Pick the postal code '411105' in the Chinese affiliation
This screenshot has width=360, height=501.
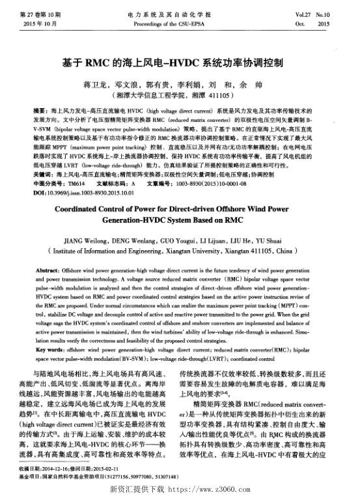click(x=211, y=95)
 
